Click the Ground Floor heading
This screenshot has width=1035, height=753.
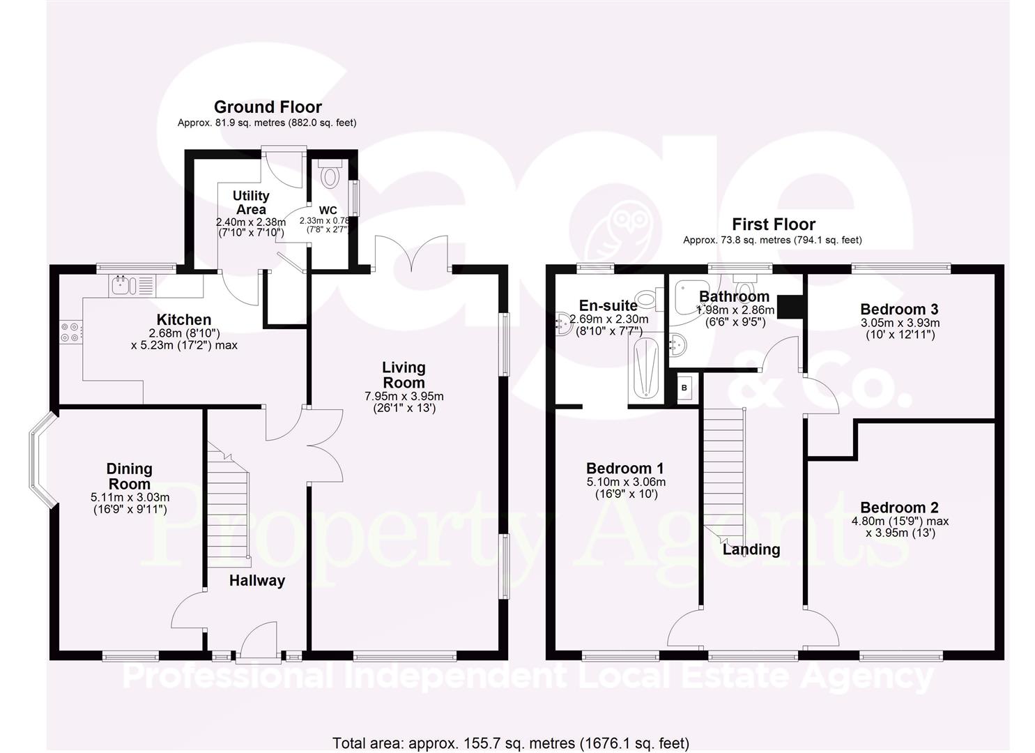268,107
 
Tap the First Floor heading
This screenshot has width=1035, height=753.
773,225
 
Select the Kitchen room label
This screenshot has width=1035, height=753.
184,320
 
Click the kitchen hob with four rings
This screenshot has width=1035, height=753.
71,332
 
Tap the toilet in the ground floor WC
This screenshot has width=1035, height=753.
329,174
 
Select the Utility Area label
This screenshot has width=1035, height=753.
251,202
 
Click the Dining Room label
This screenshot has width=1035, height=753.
130,476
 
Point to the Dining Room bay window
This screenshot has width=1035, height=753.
40,459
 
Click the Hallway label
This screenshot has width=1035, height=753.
257,581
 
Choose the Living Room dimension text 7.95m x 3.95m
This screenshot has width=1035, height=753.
404,396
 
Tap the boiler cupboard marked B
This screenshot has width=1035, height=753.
684,388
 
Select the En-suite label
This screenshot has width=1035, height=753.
608,305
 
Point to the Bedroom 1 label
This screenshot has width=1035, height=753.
625,469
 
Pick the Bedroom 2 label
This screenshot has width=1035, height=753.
899,508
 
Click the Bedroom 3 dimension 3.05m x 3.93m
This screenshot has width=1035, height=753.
900,323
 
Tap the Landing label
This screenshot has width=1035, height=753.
751,549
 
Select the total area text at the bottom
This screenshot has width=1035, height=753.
511,743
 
